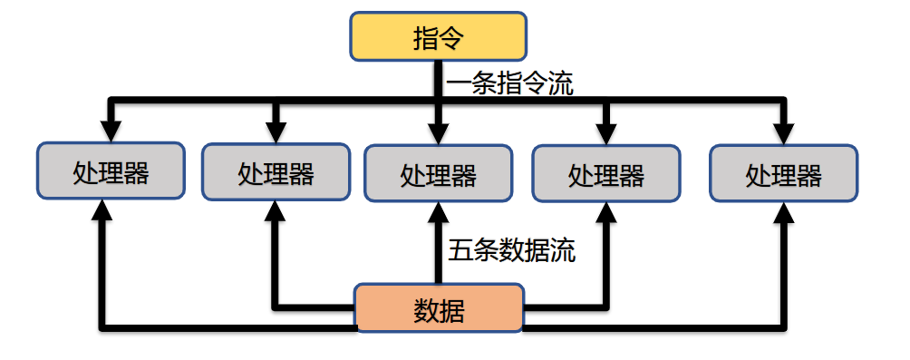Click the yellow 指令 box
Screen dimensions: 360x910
438,37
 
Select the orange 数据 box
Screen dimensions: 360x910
439,310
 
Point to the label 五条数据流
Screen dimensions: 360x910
511,250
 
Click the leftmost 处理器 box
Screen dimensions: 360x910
111,171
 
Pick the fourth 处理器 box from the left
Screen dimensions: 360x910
606,173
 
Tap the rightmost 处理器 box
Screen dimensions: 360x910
783,172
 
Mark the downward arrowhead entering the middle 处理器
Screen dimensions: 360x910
438,131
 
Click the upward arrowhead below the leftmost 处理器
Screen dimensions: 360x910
103,210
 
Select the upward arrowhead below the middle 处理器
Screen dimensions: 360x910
438,213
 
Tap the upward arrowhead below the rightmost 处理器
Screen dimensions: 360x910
783,211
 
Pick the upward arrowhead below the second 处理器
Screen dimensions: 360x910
276,211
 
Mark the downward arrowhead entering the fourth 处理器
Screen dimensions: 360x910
606,131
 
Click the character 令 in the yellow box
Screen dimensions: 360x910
451,38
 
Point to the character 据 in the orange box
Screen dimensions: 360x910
451,311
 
